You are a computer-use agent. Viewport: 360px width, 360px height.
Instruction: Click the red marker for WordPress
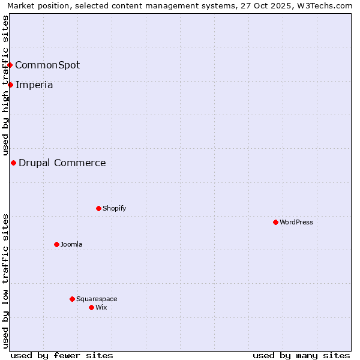point(275,222)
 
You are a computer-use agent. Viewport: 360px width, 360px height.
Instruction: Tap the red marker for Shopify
point(98,208)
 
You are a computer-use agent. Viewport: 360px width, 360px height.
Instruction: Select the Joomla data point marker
point(56,244)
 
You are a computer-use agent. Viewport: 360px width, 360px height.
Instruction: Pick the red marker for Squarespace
point(72,299)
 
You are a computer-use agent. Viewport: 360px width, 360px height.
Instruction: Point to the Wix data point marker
point(91,307)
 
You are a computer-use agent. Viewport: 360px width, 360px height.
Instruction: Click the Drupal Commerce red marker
point(13,163)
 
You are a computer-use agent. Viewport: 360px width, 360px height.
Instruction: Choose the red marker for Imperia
point(10,85)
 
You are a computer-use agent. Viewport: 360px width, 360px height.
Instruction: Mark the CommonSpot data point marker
point(10,65)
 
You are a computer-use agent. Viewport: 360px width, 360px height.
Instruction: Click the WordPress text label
point(296,222)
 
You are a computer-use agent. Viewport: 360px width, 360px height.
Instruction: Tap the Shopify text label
point(114,208)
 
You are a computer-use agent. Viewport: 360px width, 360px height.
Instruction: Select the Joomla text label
point(71,244)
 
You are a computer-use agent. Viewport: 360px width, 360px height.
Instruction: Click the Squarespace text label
point(97,299)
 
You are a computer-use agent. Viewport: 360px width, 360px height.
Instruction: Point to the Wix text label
point(101,307)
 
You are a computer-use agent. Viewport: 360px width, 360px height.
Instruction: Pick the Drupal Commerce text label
point(62,163)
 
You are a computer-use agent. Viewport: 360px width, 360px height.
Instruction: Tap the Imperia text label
point(34,85)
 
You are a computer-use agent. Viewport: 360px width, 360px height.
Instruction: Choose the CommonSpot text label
point(47,65)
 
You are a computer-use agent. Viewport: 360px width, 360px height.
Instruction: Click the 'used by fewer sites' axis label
point(62,355)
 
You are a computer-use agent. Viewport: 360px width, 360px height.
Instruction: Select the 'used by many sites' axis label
point(301,355)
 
